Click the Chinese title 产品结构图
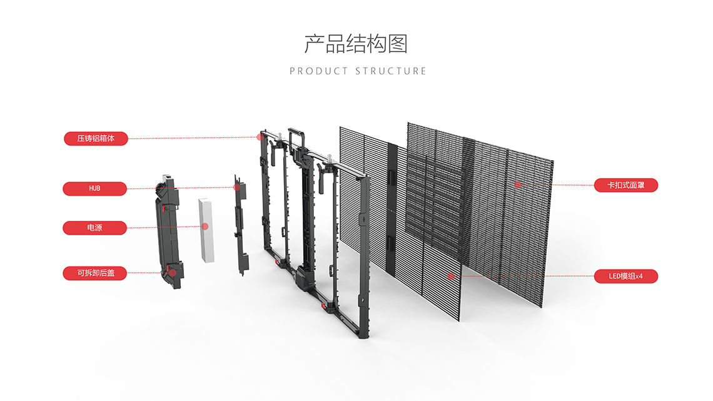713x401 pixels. [x=356, y=44]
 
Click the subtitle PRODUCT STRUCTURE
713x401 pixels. [x=358, y=71]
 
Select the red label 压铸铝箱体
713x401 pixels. [x=96, y=138]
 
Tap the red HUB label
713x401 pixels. [x=94, y=188]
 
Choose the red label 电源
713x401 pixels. [x=94, y=228]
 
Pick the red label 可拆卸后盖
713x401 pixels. [x=95, y=273]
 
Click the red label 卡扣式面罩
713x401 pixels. [x=625, y=185]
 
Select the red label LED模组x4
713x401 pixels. [x=625, y=276]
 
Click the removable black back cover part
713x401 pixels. [x=168, y=231]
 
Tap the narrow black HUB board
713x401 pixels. [x=241, y=225]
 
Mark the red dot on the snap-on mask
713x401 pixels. [x=518, y=184]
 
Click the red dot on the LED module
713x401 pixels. [x=450, y=275]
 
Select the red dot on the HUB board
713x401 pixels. [x=237, y=186]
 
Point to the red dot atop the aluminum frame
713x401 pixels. [x=259, y=136]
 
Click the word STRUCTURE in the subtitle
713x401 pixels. [x=391, y=71]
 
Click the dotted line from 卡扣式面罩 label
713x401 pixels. [x=557, y=185]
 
